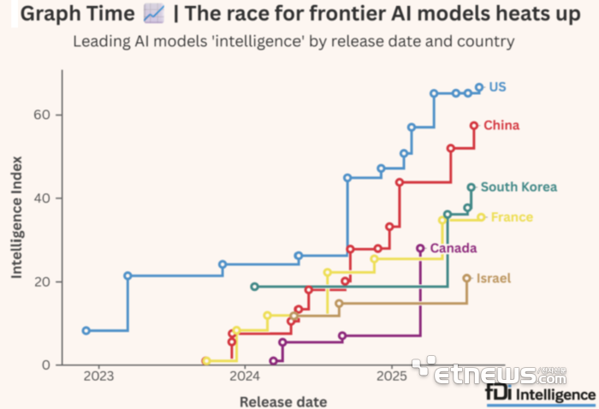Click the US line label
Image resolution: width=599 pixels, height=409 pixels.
[498, 86]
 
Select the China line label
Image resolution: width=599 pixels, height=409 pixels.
[501, 126]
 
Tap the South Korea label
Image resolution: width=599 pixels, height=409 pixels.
[519, 187]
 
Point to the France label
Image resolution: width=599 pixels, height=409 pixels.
[512, 217]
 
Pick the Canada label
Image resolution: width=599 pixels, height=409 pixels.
[454, 248]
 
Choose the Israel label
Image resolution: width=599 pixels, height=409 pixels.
[494, 278]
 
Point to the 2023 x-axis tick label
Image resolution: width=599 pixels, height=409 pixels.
[98, 377]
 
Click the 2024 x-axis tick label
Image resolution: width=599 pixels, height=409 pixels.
[245, 377]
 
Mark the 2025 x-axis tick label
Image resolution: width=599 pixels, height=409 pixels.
[392, 377]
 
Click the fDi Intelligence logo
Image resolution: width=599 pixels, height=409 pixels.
[540, 394]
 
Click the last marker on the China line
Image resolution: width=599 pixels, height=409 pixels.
[474, 126]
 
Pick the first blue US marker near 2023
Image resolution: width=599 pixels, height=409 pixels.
[86, 330]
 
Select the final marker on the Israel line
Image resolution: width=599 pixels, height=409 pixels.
[467, 278]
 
